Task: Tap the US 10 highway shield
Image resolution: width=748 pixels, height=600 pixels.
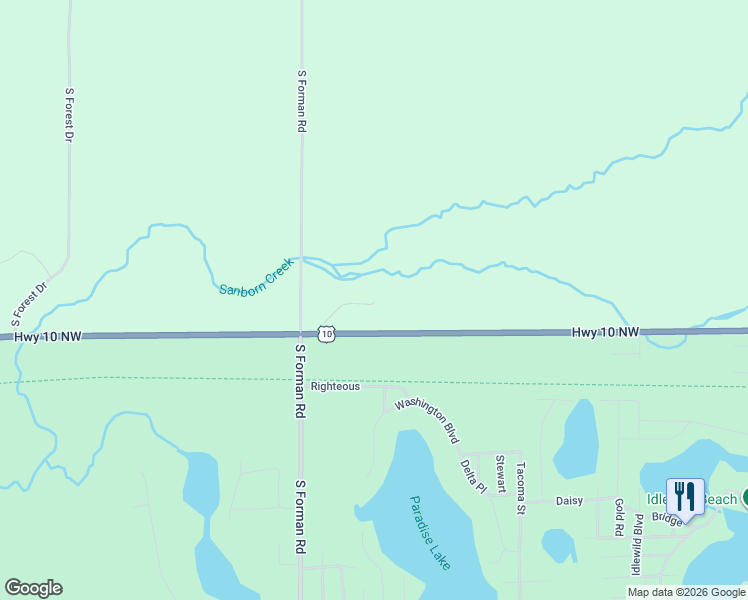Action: [327, 332]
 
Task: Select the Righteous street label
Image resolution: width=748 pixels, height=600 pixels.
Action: [335, 386]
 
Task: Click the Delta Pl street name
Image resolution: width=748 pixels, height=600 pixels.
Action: [472, 476]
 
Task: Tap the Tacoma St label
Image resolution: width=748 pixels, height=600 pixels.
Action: [520, 488]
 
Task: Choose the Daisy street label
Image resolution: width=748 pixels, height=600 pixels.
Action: [569, 500]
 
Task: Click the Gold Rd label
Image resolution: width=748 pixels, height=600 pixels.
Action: [619, 515]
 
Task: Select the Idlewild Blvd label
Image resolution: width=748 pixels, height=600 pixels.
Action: [637, 545]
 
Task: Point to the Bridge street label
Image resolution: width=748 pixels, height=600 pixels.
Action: [666, 519]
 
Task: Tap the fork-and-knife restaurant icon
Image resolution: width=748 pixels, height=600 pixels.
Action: [685, 495]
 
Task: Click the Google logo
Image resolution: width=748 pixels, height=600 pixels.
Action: [33, 588]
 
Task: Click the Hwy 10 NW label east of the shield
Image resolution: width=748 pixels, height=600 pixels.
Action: [605, 331]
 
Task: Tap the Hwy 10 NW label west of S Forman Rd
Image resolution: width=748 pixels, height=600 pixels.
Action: [48, 337]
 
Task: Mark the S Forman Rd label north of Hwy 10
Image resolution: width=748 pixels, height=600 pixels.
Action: [301, 101]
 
